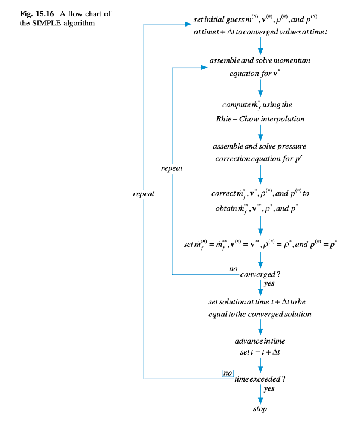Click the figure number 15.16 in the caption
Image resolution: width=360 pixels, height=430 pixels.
click(x=45, y=14)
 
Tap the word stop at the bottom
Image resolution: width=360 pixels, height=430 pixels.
click(x=260, y=409)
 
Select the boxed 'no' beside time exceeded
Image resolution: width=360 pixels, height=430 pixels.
click(x=228, y=373)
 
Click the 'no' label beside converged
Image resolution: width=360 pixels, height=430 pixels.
click(x=233, y=269)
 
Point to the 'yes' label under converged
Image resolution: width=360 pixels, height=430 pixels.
click(x=269, y=284)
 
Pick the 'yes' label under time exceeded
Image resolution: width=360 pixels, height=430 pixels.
click(x=269, y=388)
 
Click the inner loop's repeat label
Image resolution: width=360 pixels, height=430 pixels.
click(x=172, y=168)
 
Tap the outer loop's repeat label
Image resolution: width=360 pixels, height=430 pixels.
click(x=144, y=194)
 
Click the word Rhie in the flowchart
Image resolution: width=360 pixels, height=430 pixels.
click(x=223, y=119)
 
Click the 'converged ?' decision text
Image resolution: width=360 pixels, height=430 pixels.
click(x=260, y=274)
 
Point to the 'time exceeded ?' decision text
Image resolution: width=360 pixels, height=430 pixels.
click(x=260, y=379)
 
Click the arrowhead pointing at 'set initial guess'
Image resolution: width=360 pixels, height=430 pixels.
click(x=188, y=24)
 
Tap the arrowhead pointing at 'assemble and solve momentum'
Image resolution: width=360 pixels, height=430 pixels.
click(x=204, y=68)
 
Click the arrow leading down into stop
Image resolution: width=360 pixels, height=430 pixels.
click(x=260, y=394)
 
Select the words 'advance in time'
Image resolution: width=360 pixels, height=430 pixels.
click(x=260, y=341)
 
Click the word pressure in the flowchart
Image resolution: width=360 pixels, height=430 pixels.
click(x=292, y=146)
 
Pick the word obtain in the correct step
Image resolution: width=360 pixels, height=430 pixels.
click(x=226, y=209)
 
